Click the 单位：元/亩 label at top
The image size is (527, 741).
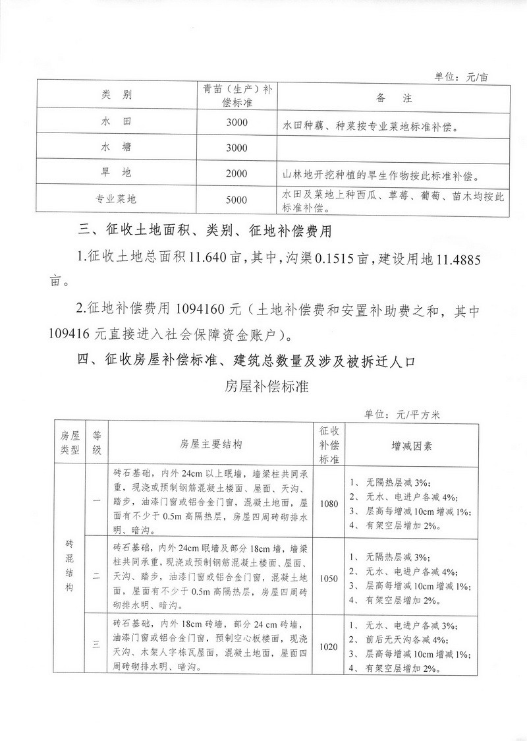coord(461,76)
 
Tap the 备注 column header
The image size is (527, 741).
coord(394,98)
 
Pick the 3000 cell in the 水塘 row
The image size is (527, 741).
coord(236,148)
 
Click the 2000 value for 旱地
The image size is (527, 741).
coord(236,173)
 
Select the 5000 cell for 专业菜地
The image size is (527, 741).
coord(236,199)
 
